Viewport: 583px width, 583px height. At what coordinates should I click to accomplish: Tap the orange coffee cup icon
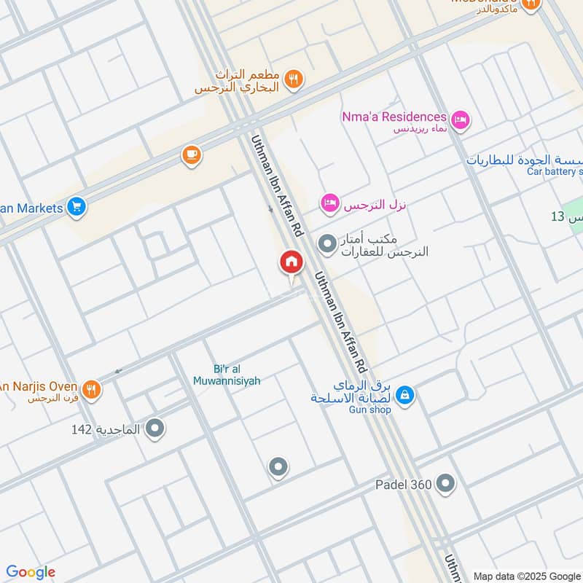click(191, 155)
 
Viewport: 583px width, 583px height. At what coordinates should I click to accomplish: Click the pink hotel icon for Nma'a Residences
click(460, 120)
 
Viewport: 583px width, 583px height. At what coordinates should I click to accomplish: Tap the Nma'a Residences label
click(394, 117)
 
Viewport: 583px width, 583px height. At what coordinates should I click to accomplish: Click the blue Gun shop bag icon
click(406, 396)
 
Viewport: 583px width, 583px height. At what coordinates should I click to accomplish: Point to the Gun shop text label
click(371, 410)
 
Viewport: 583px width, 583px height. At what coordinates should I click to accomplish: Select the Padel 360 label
click(404, 484)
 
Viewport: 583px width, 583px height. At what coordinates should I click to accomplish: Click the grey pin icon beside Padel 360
click(445, 483)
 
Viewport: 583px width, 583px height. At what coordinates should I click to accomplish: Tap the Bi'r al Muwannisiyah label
click(227, 375)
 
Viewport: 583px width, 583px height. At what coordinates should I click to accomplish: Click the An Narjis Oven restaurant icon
click(91, 390)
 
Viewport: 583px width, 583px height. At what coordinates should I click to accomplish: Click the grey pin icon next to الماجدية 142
click(154, 429)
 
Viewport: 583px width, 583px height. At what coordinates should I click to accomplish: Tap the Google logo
click(31, 572)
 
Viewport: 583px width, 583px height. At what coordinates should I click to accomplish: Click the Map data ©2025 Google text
click(526, 575)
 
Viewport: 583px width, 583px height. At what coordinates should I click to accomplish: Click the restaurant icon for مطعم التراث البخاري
click(294, 79)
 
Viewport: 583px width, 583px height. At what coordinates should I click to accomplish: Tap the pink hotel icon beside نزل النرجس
click(329, 205)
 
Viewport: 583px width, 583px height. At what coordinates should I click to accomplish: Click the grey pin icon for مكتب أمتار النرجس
click(327, 243)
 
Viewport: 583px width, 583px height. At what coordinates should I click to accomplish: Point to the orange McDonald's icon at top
click(532, 4)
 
